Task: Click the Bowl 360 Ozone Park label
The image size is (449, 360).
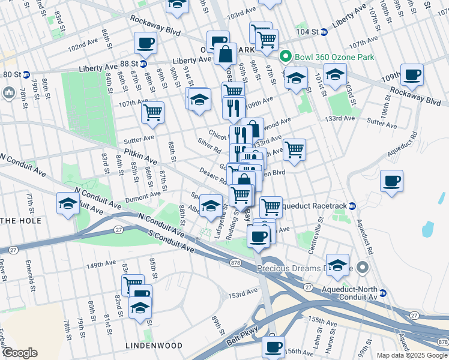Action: tap(334, 57)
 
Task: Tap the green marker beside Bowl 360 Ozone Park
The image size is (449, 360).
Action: tap(286, 57)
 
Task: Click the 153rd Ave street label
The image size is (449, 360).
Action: tap(242, 295)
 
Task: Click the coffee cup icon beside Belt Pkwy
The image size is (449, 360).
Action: tap(274, 346)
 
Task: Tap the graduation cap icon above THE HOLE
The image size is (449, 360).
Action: tap(68, 204)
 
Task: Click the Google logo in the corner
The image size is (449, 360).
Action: tap(20, 353)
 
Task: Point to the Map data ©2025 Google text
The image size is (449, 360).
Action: tap(412, 355)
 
